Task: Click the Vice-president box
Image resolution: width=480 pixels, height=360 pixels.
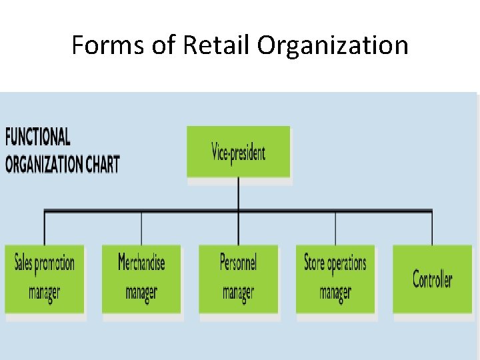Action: [x=239, y=152]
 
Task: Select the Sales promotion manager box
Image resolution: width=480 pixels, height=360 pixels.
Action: [x=45, y=279]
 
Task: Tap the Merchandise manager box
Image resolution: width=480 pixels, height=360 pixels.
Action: [x=141, y=279]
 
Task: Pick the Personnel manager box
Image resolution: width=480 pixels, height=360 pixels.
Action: [x=239, y=279]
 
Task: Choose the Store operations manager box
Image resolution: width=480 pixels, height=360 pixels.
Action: [x=335, y=279]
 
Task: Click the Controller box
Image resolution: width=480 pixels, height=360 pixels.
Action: [x=432, y=279]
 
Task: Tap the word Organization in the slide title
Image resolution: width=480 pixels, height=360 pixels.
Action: [x=333, y=45]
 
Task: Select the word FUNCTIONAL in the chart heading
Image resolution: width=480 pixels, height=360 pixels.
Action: [x=38, y=137]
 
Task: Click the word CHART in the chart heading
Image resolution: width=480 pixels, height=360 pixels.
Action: [x=101, y=164]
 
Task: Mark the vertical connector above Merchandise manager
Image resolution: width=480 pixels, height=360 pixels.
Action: [x=141, y=229]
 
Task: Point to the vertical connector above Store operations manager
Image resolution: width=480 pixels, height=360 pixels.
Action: [x=335, y=229]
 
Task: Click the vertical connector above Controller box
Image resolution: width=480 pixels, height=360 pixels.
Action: [x=432, y=229]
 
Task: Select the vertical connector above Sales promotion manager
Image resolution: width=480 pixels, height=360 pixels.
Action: [x=45, y=229]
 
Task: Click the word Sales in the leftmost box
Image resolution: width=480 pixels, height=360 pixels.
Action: [x=23, y=263]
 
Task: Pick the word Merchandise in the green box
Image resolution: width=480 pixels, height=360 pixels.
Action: [x=141, y=262]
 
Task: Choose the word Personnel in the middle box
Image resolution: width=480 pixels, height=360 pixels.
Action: [x=238, y=262]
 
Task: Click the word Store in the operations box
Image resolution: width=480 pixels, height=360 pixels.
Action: [x=314, y=263]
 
